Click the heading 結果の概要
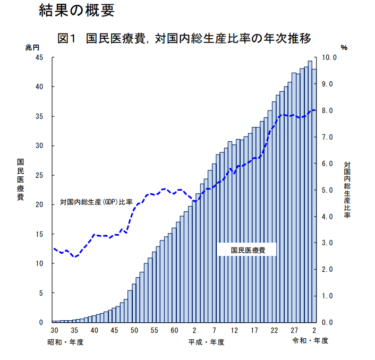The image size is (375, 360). click(x=76, y=11)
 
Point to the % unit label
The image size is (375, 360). click(x=344, y=48)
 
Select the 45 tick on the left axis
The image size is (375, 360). click(x=40, y=57)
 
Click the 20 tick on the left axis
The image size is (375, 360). click(x=40, y=204)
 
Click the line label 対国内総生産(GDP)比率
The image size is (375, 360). click(x=96, y=202)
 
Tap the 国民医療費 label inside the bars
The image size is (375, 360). click(x=248, y=250)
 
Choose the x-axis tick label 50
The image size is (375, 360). click(x=134, y=331)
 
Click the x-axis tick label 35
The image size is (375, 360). click(x=74, y=331)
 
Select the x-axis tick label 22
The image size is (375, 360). click(x=274, y=331)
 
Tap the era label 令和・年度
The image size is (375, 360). click(x=310, y=340)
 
